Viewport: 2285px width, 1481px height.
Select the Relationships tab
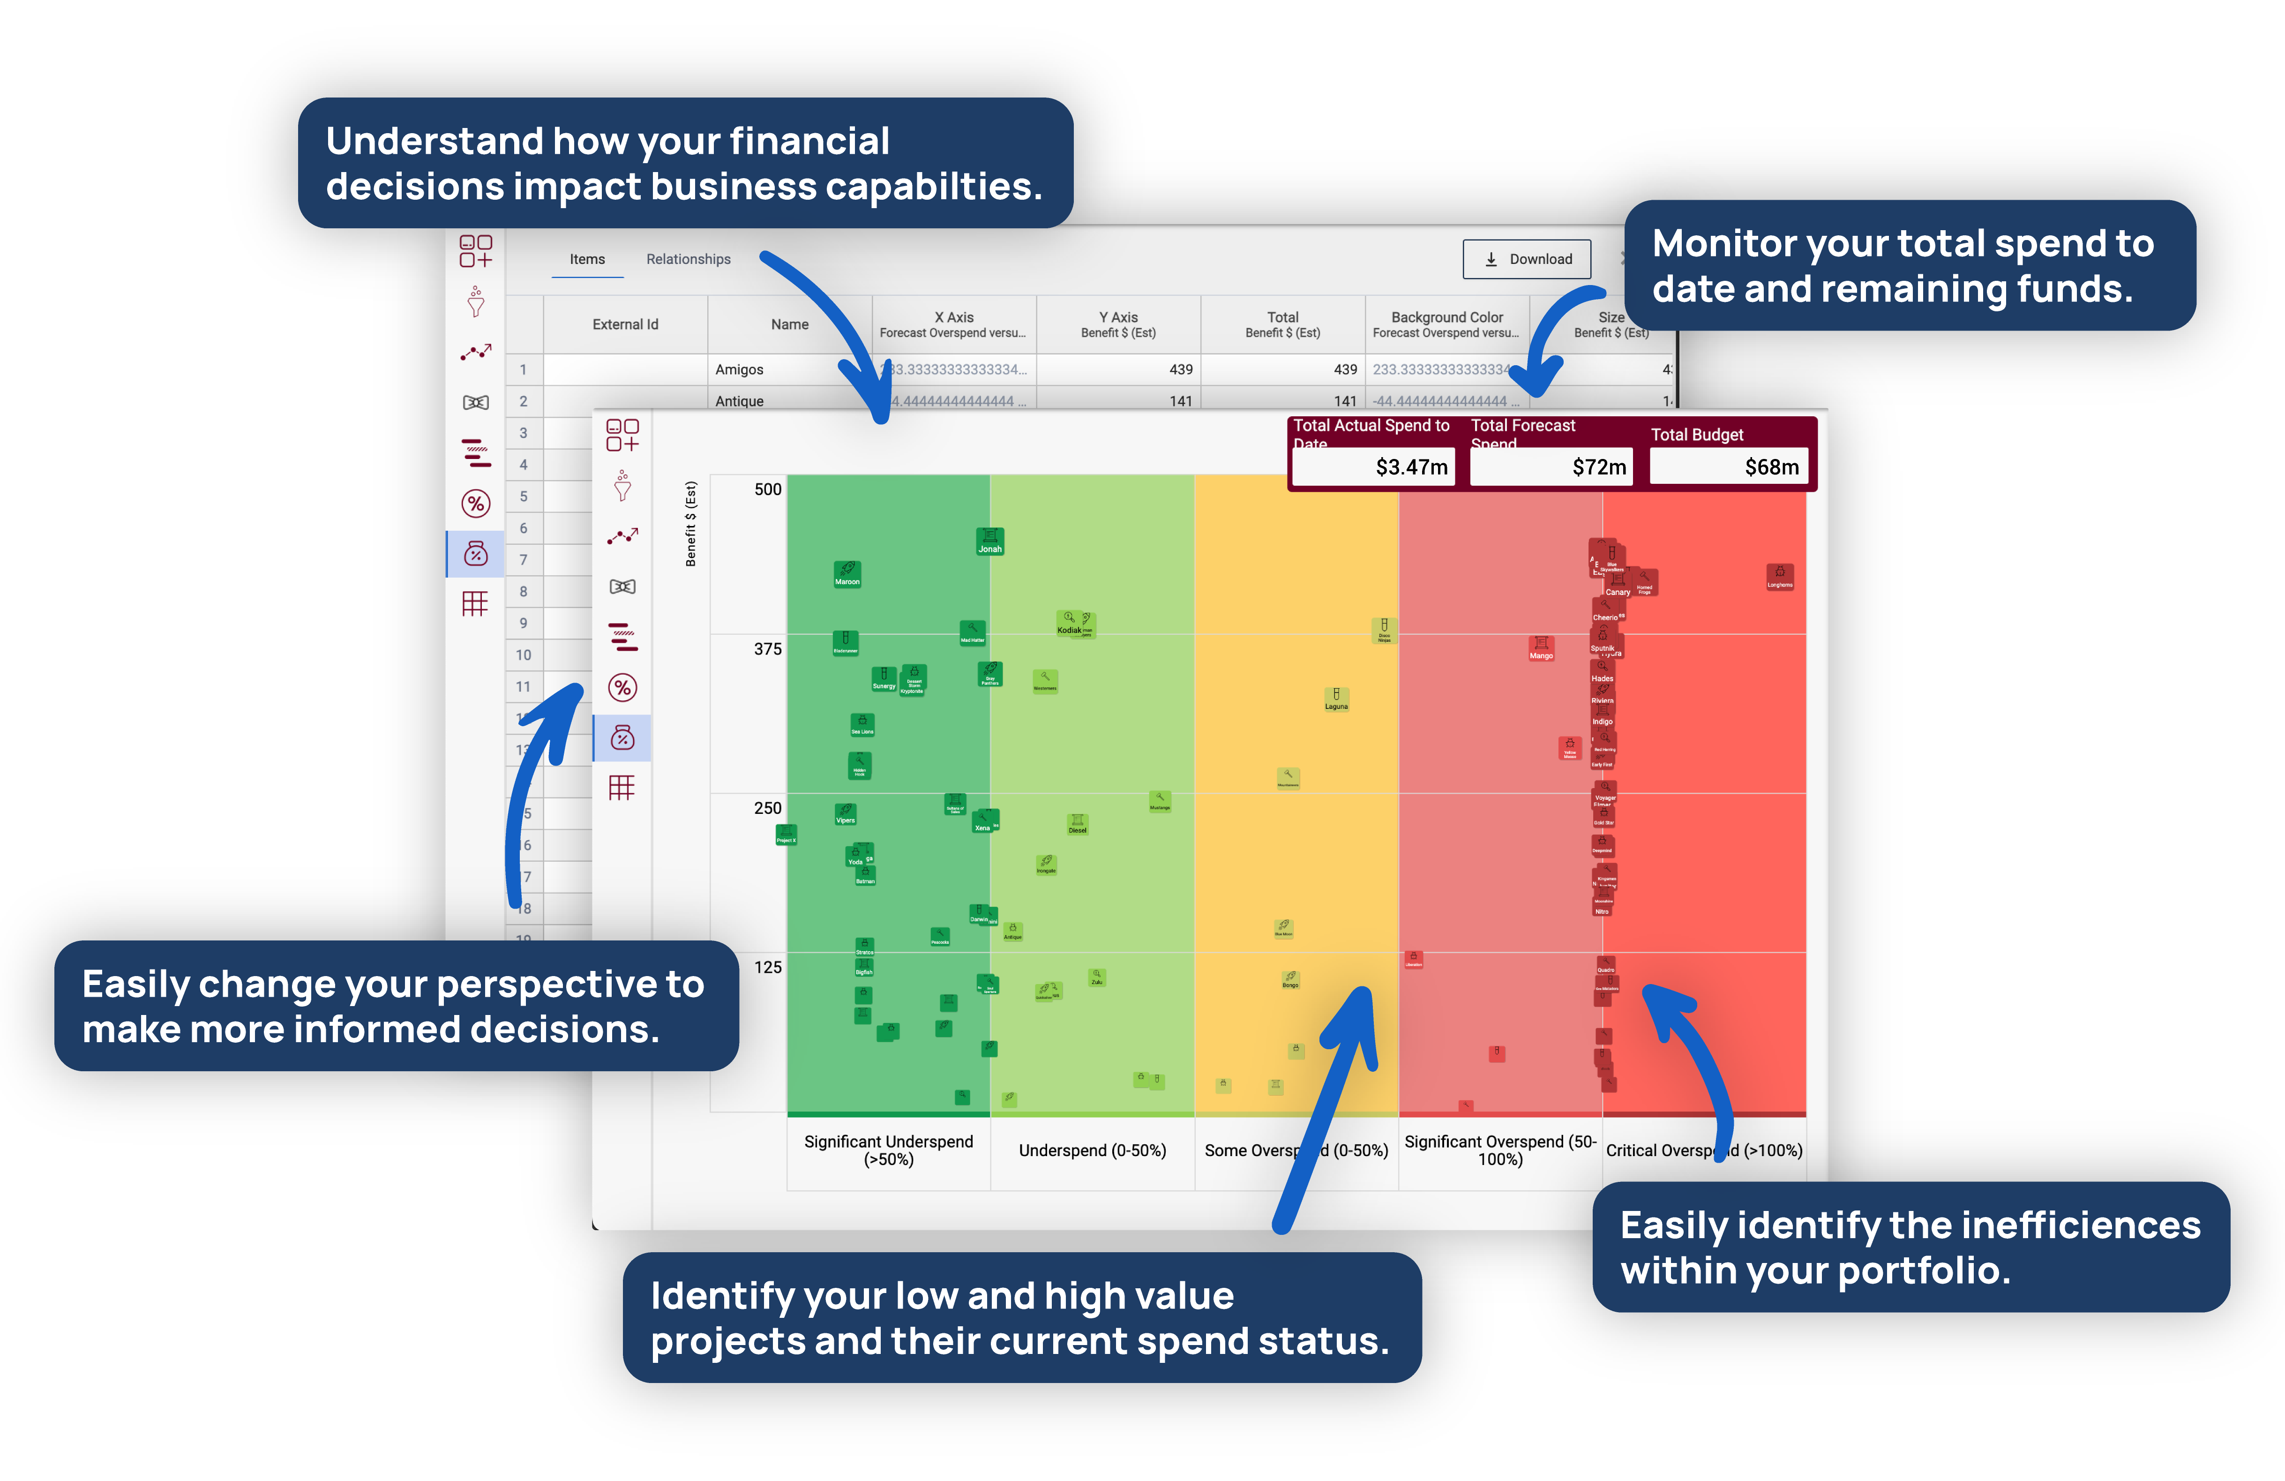coord(689,259)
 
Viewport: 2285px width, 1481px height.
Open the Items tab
coord(587,259)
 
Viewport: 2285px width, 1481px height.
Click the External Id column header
coord(625,324)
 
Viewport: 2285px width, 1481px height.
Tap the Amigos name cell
coord(739,370)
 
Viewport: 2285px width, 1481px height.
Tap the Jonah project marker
coord(990,541)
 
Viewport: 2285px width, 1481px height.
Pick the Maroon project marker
coord(847,573)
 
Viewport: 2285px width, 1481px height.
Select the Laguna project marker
coord(1335,698)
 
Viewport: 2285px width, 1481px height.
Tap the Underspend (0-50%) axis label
coord(1093,1150)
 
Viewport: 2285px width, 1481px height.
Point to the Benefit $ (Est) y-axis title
coord(690,525)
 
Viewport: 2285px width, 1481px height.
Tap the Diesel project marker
coord(1077,824)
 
